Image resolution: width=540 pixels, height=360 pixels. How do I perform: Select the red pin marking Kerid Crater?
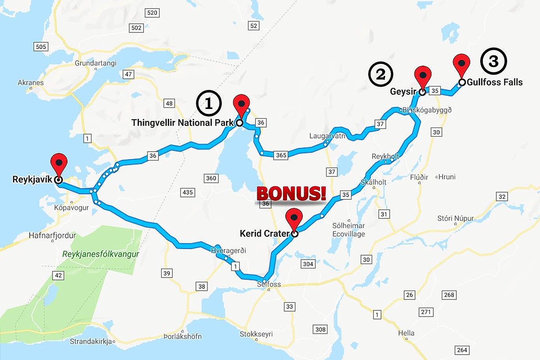[294, 218]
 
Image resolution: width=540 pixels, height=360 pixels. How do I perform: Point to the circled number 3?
[493, 62]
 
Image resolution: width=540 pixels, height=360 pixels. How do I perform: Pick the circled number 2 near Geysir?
[381, 74]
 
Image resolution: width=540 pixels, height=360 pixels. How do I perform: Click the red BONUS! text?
[291, 193]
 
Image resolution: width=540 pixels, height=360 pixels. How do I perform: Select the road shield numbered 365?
[280, 155]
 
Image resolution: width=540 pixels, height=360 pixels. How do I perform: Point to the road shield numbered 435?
[188, 193]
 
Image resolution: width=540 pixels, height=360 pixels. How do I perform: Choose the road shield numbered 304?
[308, 264]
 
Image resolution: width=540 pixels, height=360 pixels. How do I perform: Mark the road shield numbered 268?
[449, 295]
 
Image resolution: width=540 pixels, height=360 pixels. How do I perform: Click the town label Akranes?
[30, 83]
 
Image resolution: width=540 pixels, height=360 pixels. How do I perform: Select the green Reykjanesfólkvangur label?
[101, 254]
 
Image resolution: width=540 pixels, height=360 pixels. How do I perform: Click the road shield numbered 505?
[40, 47]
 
